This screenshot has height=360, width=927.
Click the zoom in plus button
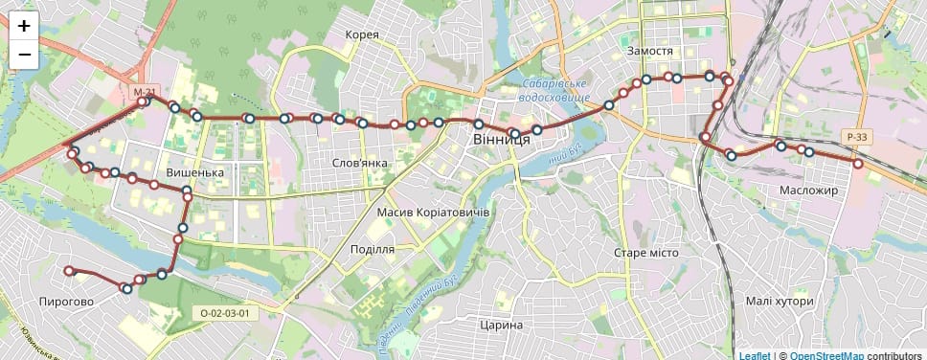click(24, 26)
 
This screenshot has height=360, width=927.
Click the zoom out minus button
click(24, 55)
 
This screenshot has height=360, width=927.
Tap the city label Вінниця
click(501, 140)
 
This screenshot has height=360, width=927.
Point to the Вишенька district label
click(194, 172)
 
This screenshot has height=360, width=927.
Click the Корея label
click(362, 35)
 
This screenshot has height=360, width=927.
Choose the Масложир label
click(808, 191)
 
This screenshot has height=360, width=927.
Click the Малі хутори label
click(780, 302)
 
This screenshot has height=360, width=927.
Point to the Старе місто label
click(645, 252)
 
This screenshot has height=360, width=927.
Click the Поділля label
click(373, 249)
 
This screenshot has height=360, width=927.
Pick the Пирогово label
click(66, 302)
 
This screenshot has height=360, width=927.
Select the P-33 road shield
click(857, 138)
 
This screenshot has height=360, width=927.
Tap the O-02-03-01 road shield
click(225, 313)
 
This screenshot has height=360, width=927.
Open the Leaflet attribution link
click(755, 354)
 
